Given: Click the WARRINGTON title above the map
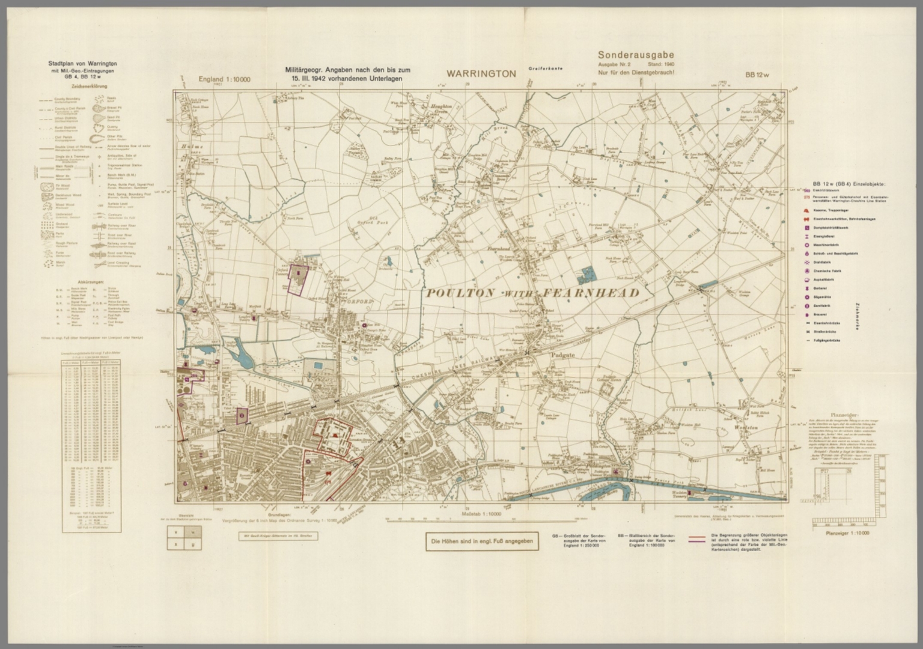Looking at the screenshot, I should [x=481, y=74].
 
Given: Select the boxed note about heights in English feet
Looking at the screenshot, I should [x=478, y=542].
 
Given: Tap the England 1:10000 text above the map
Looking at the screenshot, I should [x=225, y=79].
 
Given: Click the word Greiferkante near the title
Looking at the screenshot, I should [x=545, y=69].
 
